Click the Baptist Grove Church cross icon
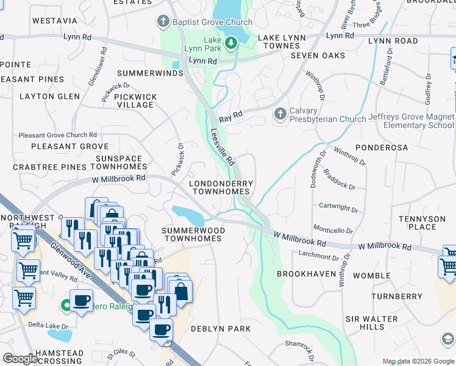(163, 23)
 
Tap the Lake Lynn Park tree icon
(231, 42)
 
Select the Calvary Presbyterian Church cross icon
(280, 114)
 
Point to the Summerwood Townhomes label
(193, 234)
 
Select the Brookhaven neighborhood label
(303, 274)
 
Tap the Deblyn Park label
(221, 329)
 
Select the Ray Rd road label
(231, 114)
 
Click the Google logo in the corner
(20, 359)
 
